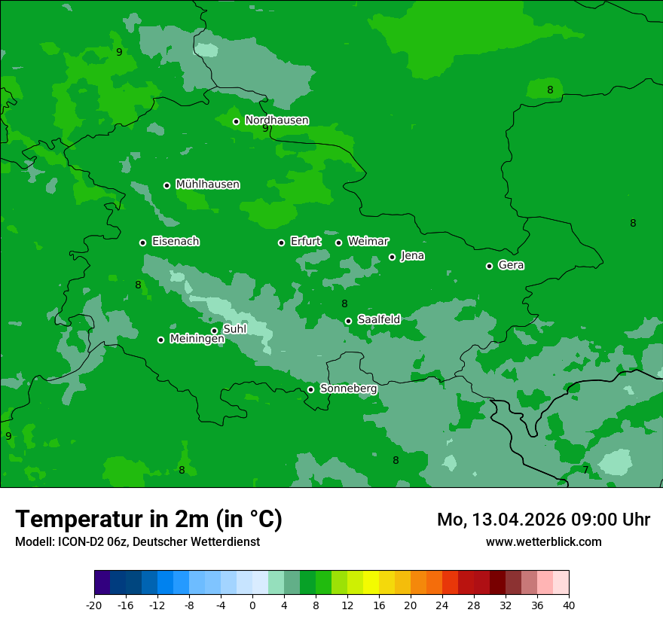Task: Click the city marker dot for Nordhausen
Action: click(x=236, y=121)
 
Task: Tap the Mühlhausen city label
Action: click(x=207, y=184)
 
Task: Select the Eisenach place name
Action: click(x=176, y=242)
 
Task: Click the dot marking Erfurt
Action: click(x=282, y=242)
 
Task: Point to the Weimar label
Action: click(x=368, y=242)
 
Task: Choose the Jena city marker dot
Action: click(x=392, y=257)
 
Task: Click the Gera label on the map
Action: click(x=511, y=265)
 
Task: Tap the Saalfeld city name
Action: click(x=378, y=320)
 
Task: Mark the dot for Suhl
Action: click(x=214, y=331)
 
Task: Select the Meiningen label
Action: click(x=197, y=339)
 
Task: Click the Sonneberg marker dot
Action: click(x=310, y=389)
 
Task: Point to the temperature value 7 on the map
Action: click(x=585, y=470)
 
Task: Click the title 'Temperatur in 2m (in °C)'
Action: click(x=148, y=520)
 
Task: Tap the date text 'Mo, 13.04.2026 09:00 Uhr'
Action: click(x=543, y=520)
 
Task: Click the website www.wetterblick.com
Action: click(x=543, y=541)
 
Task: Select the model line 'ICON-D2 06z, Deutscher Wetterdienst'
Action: click(x=137, y=541)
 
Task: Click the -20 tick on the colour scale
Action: click(x=94, y=605)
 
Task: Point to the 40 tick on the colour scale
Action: click(x=568, y=605)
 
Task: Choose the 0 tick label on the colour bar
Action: click(x=252, y=605)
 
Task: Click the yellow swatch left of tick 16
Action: click(x=371, y=583)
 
